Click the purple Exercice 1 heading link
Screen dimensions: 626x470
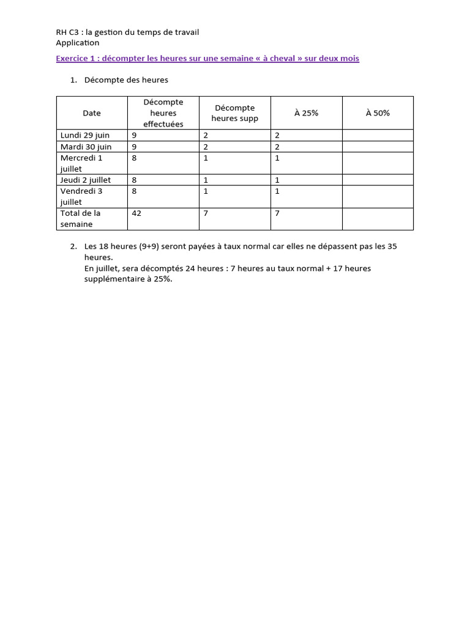[x=207, y=59]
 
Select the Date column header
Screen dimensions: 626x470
[x=92, y=113]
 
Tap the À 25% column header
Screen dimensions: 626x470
[x=306, y=113]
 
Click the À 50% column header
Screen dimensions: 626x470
[x=378, y=113]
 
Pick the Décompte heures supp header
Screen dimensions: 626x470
[x=235, y=113]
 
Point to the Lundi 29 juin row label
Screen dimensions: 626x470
[x=85, y=135]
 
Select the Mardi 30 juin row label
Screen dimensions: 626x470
[x=86, y=147]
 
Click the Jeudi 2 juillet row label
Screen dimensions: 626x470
[x=86, y=180]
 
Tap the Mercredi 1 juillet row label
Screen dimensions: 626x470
[x=81, y=163]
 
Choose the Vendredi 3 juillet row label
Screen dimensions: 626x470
[x=81, y=196]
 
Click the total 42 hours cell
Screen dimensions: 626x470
[x=137, y=213]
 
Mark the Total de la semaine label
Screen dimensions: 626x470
[x=80, y=219]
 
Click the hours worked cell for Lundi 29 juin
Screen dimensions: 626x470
[x=135, y=135]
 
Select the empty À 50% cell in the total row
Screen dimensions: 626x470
[x=378, y=219]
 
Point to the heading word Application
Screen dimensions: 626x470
[x=77, y=43]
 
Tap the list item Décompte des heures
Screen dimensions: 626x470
[x=126, y=80]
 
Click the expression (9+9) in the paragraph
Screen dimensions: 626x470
[x=149, y=246]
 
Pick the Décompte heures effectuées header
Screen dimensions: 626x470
[x=163, y=113]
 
